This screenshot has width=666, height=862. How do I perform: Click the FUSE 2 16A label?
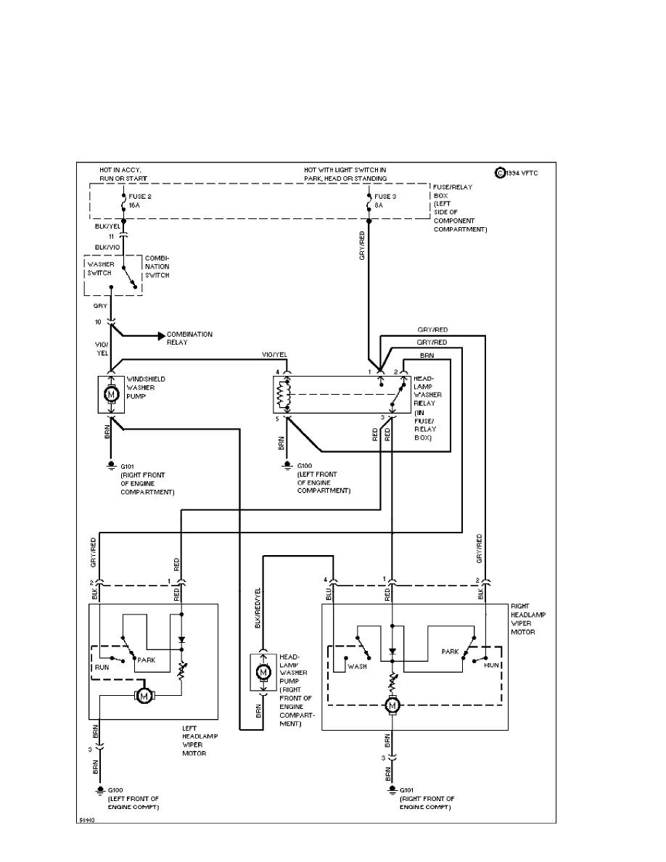(x=140, y=201)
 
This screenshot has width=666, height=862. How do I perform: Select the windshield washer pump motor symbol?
(x=111, y=394)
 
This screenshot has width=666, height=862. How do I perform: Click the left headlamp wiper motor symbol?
(x=144, y=697)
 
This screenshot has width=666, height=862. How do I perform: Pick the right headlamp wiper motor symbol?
(x=392, y=705)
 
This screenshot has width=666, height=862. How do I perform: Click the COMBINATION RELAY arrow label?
(x=189, y=337)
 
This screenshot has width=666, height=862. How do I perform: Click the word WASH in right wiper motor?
(x=356, y=665)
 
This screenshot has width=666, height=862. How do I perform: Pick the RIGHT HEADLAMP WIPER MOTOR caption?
(x=528, y=618)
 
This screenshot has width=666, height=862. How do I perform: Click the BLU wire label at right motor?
(x=329, y=594)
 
